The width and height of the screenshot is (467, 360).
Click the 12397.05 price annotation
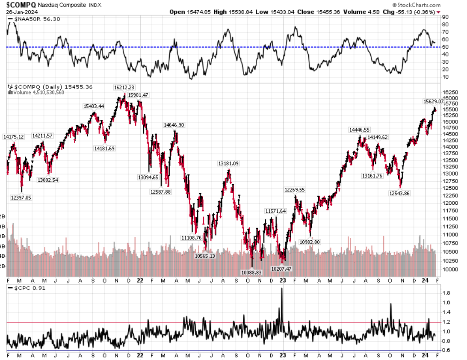coord(21,198)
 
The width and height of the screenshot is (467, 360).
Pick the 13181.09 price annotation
coord(228,163)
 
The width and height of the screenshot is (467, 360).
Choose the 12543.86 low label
coord(398,193)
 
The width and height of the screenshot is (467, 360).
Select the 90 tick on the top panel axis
coord(445,17)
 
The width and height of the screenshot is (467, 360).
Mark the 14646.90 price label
coord(174,125)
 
